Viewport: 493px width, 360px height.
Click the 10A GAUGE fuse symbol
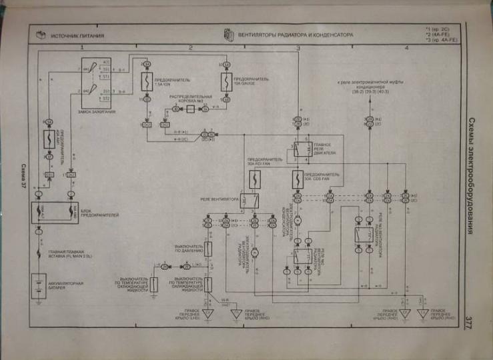[x=225, y=82]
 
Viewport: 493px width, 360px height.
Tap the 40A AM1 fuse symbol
[x=49, y=139]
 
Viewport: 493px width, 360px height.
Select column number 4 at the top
[x=406, y=49]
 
